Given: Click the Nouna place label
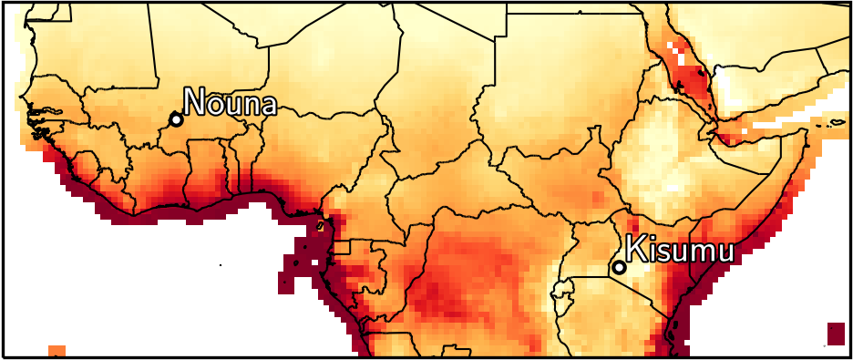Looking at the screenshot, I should [230, 102].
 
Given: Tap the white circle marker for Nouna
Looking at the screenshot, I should [176, 119].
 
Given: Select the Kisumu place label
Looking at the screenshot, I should [679, 249].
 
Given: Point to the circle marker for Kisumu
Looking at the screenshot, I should [619, 267].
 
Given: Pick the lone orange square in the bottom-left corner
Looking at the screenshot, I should [57, 352].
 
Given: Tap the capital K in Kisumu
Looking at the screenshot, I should [635, 249].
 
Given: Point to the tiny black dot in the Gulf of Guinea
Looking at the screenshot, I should [221, 264].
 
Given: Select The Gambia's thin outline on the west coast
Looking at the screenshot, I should [41, 116].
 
